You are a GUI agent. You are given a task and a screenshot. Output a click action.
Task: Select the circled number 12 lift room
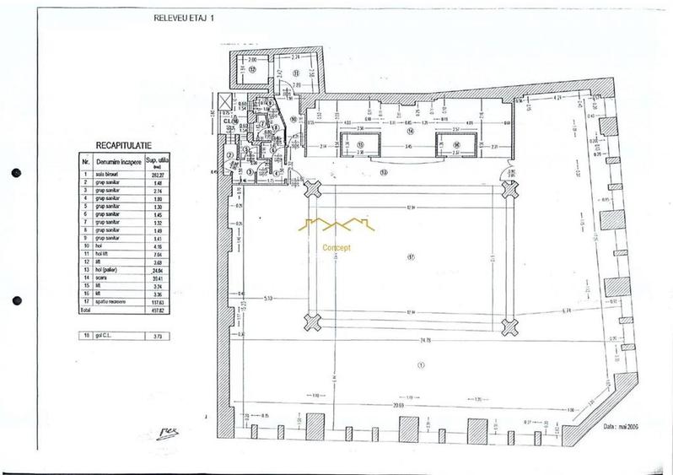pos(252,70)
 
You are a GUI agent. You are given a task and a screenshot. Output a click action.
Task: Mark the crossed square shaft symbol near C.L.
pos(222,104)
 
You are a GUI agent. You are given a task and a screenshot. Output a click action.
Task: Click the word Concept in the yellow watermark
pos(336,248)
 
